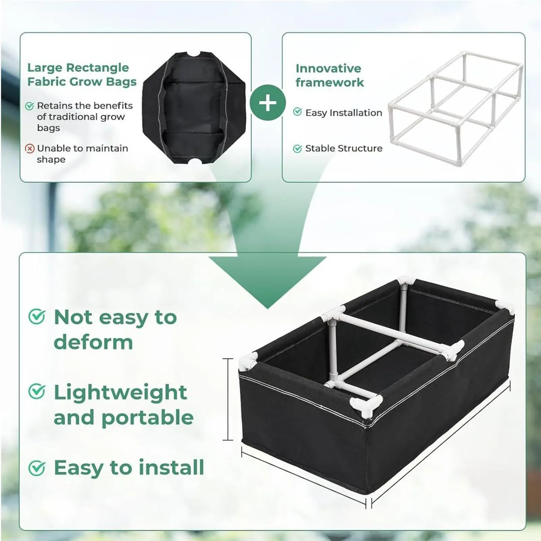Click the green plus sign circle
[267, 103]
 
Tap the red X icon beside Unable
[30, 149]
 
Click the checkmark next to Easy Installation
[297, 112]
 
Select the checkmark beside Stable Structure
[297, 149]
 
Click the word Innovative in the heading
[328, 69]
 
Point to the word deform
[93, 342]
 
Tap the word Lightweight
[120, 393]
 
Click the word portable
[147, 418]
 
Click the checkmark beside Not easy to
[36, 317]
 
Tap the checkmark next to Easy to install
[36, 468]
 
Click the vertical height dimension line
[228, 399]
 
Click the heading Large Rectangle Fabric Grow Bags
[81, 75]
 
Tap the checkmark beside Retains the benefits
[30, 106]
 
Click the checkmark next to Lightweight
[36, 392]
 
